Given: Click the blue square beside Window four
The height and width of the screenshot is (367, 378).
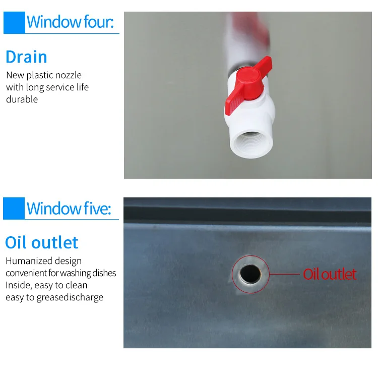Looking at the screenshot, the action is [14, 22].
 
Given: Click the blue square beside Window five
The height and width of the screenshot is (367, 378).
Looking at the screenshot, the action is [14, 208].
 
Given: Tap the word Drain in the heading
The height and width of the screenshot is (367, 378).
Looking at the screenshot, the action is [26, 57].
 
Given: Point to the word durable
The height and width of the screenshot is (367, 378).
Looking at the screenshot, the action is [22, 99].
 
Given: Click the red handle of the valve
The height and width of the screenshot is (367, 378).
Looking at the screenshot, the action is [248, 85].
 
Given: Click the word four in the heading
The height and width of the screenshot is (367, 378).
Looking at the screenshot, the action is [99, 22].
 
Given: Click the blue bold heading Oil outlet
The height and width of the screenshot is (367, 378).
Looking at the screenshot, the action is [42, 242].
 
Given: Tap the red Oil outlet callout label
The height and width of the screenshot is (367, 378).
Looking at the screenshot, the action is [330, 274].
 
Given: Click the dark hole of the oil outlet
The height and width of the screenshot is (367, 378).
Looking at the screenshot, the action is [250, 274].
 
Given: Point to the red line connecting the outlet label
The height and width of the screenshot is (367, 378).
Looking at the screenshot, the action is [284, 274].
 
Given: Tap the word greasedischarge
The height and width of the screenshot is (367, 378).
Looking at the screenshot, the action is [70, 298].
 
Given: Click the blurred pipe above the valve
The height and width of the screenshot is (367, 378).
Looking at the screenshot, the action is [246, 41].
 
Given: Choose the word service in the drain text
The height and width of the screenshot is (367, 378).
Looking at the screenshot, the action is [60, 87].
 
